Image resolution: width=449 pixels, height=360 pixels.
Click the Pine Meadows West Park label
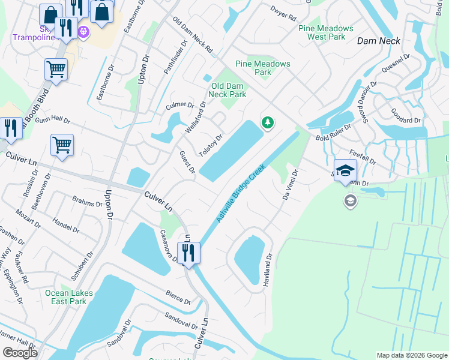pos(326,32)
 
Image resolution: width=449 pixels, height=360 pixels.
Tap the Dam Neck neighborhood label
pos(378,41)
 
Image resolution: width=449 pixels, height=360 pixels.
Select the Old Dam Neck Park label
pos(228,90)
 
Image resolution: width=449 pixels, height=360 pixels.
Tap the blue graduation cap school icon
pos(345,170)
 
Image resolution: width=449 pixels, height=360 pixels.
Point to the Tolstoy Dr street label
pos(211,145)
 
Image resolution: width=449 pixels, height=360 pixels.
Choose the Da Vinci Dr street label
pos(291,184)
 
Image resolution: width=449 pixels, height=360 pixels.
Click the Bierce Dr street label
pos(178,297)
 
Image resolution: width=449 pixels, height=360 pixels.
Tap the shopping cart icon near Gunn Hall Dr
pos(62,145)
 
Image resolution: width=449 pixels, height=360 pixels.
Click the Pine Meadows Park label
pos(263,68)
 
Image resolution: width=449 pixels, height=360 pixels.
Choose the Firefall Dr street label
pos(361,157)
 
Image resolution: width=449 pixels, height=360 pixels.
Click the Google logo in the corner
pos(19,353)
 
